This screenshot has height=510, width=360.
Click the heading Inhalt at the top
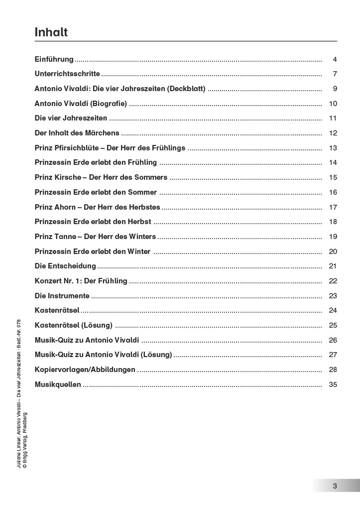pyautogui.click(x=51, y=32)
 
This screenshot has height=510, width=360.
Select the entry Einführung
pyautogui.click(x=54, y=59)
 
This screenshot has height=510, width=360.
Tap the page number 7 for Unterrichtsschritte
pyautogui.click(x=335, y=74)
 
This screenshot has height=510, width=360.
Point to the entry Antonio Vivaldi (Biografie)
pyautogui.click(x=81, y=104)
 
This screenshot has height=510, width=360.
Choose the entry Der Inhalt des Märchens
pyautogui.click(x=77, y=133)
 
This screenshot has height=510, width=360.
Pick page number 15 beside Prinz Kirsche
pyautogui.click(x=333, y=177)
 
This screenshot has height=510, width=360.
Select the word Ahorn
pyautogui.click(x=67, y=207)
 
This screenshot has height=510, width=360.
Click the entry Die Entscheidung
pyautogui.click(x=65, y=266)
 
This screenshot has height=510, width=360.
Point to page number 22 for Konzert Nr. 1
pyautogui.click(x=333, y=281)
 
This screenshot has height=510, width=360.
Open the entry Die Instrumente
pyautogui.click(x=62, y=296)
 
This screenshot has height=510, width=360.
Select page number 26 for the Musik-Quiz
pyautogui.click(x=333, y=340)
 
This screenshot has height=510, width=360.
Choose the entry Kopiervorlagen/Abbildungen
pyautogui.click(x=85, y=370)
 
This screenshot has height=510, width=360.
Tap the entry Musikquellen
pyautogui.click(x=58, y=384)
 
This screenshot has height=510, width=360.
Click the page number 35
pyautogui.click(x=333, y=384)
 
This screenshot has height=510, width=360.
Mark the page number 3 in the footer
pyautogui.click(x=335, y=486)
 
